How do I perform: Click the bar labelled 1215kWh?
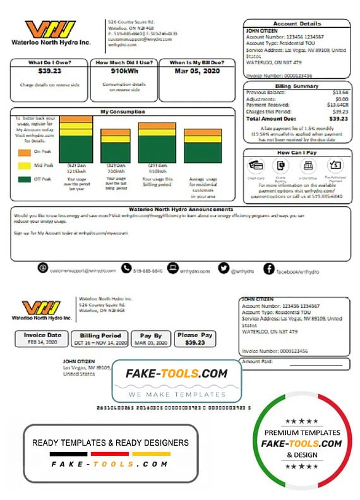76,139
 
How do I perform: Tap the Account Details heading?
297,23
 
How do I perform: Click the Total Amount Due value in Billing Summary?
339,118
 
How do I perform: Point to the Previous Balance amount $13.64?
340,92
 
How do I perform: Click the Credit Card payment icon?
256,165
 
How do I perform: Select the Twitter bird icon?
223,268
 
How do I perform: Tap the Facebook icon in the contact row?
268,269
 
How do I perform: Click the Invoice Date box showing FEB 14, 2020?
42,338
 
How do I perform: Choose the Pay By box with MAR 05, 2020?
151,338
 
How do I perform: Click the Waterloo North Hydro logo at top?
51,32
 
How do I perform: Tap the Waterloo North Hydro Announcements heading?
180,209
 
